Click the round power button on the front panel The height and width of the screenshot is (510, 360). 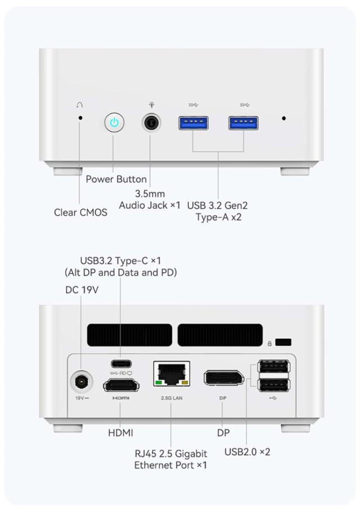114,123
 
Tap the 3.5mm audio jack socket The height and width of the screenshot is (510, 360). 151,123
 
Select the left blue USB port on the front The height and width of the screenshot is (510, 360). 193,123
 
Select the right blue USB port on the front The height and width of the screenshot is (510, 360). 244,123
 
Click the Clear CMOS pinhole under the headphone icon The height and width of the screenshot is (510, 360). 80,118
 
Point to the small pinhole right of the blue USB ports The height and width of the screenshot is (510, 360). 284,119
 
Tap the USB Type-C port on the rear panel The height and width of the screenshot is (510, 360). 121,363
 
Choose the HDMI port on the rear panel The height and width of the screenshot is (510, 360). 121,386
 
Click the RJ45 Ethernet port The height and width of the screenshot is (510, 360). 172,373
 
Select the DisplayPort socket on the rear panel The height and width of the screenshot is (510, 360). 224,378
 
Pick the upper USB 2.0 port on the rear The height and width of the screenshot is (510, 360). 274,366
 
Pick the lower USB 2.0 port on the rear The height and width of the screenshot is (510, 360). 274,385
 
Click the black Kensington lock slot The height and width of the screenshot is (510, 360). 283,342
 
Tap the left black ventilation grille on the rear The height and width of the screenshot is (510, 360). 129,335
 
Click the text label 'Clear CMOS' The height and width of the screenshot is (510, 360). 80,213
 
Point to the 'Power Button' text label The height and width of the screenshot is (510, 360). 116,179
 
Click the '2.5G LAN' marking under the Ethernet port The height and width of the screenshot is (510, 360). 172,398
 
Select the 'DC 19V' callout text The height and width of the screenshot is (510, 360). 82,290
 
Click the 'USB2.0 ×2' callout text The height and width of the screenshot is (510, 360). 247,452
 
